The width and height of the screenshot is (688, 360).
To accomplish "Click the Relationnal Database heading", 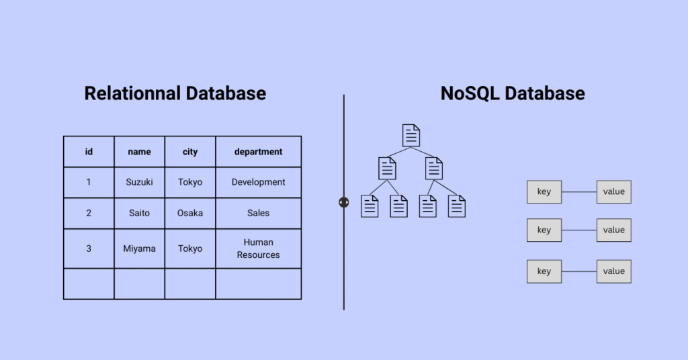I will click(175, 93).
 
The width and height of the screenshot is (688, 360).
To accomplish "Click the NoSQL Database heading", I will click(513, 93).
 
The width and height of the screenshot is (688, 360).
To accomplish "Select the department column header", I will click(258, 152).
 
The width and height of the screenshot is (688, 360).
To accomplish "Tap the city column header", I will click(190, 152).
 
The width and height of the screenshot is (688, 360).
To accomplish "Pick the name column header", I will click(139, 152).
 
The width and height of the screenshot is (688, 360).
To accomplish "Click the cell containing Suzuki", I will click(139, 182).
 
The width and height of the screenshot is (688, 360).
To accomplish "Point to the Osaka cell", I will click(190, 213).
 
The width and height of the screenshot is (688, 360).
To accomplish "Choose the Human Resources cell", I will click(258, 249).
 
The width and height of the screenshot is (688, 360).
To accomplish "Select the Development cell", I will click(258, 182).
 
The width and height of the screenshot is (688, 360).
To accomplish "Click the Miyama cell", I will click(139, 249).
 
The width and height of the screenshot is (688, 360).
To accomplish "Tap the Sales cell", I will click(258, 213).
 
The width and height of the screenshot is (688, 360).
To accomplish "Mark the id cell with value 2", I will click(89, 213).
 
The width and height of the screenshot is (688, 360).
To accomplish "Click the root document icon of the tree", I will click(411, 135).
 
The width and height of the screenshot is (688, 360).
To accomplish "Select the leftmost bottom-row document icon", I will click(370, 206).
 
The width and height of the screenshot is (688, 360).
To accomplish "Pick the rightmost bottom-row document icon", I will click(457, 206).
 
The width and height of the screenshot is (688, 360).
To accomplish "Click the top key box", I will click(544, 192).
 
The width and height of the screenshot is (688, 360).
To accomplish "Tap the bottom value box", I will click(613, 271).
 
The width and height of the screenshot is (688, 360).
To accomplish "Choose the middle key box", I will click(544, 230).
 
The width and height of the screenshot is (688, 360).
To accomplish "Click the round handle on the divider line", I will click(344, 202).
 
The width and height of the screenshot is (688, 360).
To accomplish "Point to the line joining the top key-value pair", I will click(579, 192).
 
